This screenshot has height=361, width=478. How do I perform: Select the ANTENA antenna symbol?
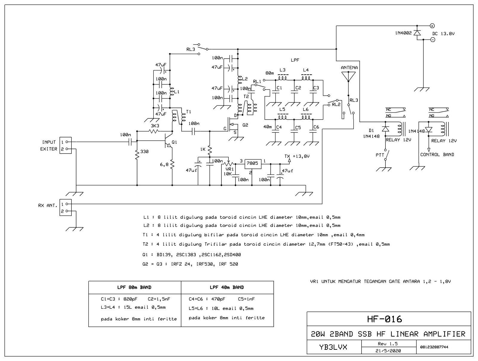(x=349, y=77)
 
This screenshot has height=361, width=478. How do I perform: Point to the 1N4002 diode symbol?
(x=417, y=33)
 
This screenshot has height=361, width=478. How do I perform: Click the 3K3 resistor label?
(x=155, y=126)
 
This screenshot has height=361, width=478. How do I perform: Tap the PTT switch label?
(x=380, y=155)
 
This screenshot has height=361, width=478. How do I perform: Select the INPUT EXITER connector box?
(x=65, y=146)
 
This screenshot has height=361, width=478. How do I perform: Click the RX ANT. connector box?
(x=65, y=208)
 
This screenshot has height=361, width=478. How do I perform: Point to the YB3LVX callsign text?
(x=333, y=347)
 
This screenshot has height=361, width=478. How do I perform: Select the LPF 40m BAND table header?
(x=227, y=287)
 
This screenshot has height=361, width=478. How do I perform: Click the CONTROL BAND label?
(x=437, y=155)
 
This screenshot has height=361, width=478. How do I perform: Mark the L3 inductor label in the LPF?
(x=282, y=70)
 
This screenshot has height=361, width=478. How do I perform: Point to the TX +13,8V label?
(x=297, y=156)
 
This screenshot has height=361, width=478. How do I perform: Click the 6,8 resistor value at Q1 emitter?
(x=164, y=164)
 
